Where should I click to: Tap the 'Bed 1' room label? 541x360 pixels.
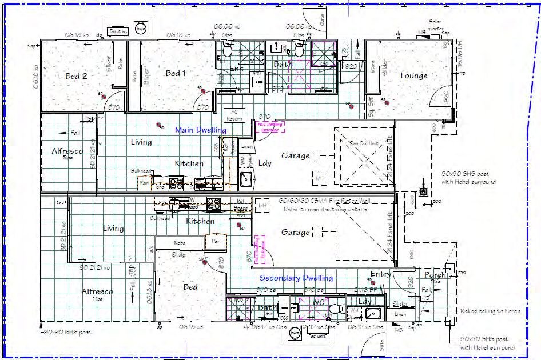click(176, 73)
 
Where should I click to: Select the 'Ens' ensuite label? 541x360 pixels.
click(236, 69)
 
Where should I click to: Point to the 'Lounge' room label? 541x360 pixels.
click(413, 75)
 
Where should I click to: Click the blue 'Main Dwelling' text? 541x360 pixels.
click(200, 130)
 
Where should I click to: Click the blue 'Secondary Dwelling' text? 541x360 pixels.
click(296, 278)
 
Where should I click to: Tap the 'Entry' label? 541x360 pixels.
click(380, 274)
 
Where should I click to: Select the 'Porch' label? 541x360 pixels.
click(435, 275)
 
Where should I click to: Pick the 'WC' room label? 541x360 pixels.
click(319, 302)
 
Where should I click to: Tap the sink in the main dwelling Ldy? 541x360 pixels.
click(246, 179)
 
